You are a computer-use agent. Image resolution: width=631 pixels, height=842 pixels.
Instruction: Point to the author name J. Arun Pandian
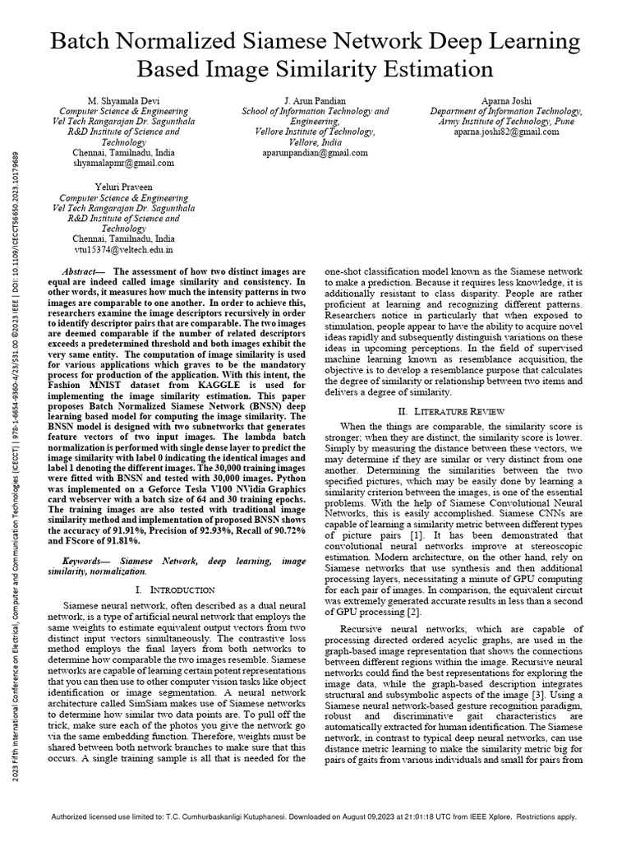click(315, 100)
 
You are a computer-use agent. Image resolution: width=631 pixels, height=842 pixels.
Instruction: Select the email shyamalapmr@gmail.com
click(124, 164)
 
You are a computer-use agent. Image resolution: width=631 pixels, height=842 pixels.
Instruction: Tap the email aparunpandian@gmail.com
click(315, 153)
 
